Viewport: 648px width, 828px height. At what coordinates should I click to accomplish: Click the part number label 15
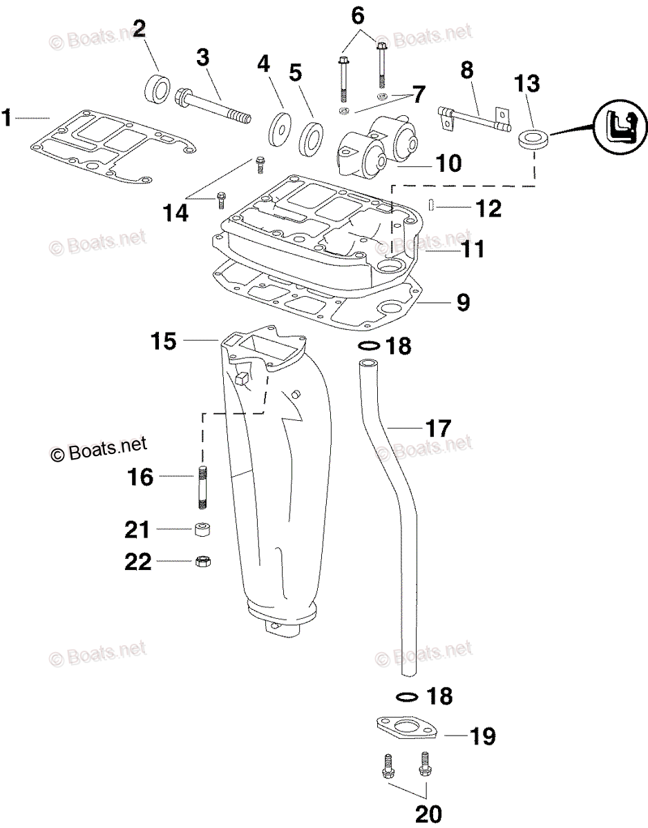pos(164,341)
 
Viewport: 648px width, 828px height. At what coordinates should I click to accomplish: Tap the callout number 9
pos(463,302)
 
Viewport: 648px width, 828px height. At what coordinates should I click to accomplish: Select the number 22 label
pos(137,562)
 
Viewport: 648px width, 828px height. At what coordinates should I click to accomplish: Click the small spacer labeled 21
pos(202,529)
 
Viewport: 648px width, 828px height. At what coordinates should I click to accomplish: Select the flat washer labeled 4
pos(280,127)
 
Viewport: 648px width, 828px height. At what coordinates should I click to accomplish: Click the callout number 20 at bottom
pos(428,814)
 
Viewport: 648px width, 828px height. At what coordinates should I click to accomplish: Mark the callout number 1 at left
pos(7,119)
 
